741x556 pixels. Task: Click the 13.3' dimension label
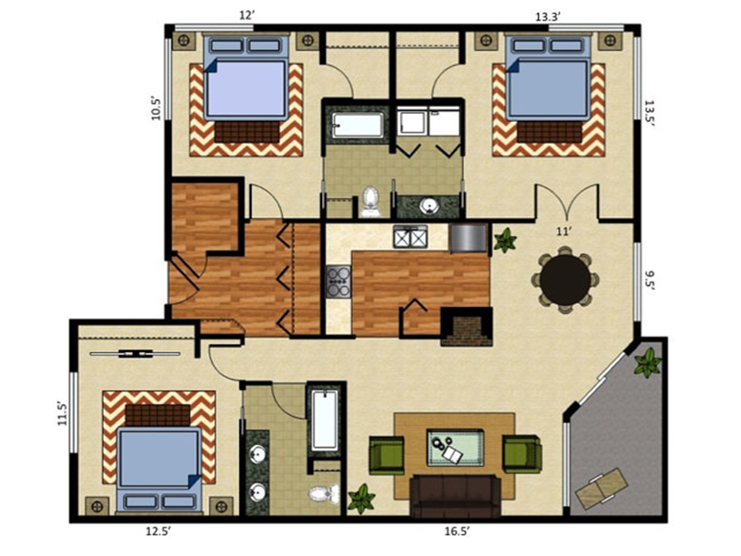click(x=547, y=17)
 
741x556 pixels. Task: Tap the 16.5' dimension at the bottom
click(x=457, y=531)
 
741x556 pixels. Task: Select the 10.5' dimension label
click(x=157, y=108)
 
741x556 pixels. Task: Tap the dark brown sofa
click(x=456, y=496)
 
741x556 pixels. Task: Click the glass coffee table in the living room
click(x=456, y=448)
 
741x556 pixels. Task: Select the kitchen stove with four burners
click(x=338, y=282)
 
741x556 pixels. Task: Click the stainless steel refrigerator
click(x=469, y=238)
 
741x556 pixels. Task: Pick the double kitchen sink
click(x=410, y=237)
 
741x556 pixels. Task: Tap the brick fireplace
click(x=467, y=327)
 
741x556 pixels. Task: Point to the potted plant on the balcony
click(x=647, y=362)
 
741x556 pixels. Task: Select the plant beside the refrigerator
click(x=505, y=240)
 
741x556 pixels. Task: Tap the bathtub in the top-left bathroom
click(x=358, y=125)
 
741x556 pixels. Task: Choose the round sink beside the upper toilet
click(x=429, y=206)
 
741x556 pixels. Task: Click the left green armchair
click(x=386, y=455)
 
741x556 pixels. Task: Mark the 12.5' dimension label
click(x=157, y=531)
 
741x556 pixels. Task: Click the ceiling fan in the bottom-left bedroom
click(x=135, y=353)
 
